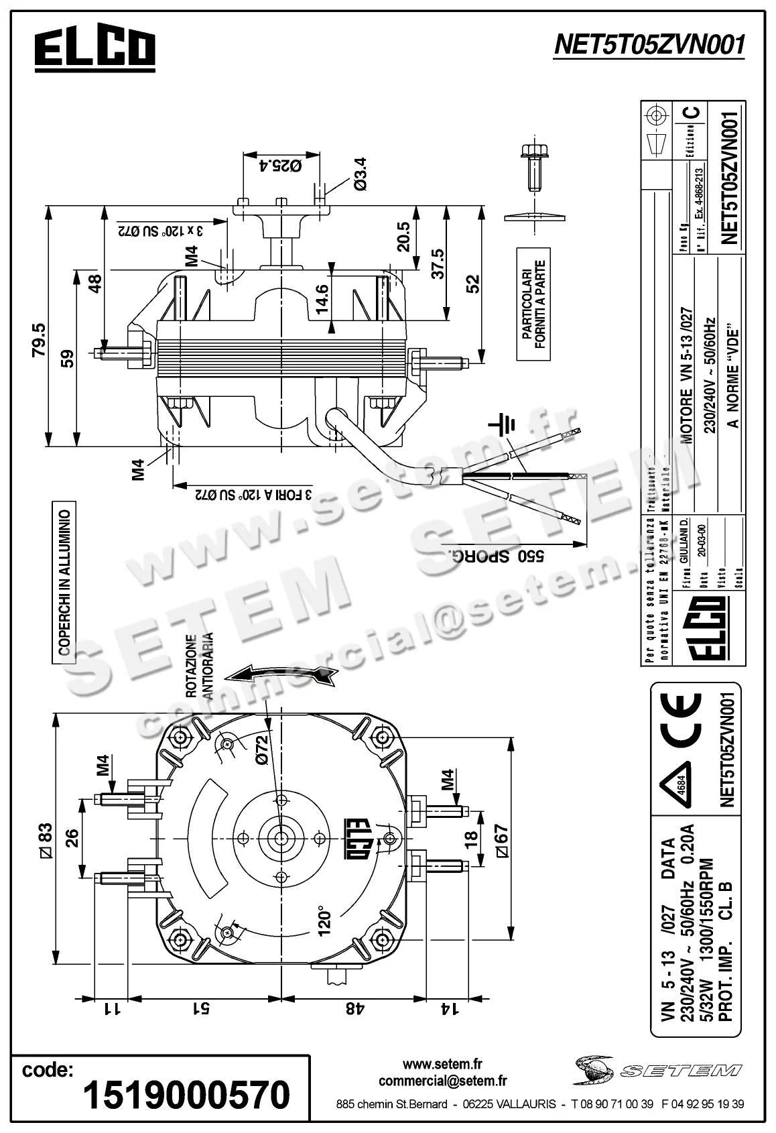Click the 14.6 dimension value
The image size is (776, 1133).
(x=322, y=299)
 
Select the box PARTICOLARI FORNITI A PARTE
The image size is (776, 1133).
(x=533, y=304)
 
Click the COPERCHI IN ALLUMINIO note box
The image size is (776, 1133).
(x=65, y=582)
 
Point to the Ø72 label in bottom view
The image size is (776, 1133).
(x=261, y=750)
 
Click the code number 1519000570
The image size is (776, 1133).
(x=186, y=1095)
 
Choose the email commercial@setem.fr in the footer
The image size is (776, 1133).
(x=442, y=1081)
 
